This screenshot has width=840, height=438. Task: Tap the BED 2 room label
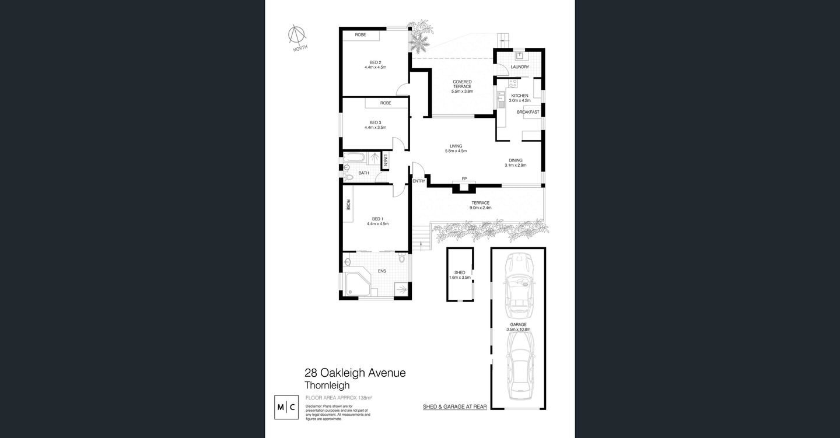pyautogui.click(x=375, y=62)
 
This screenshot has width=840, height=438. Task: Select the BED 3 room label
pyautogui.click(x=375, y=122)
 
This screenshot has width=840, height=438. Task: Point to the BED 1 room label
pyautogui.click(x=376, y=219)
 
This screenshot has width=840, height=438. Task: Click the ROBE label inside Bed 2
pyautogui.click(x=360, y=35)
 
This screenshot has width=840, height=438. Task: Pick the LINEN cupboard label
pyautogui.click(x=385, y=159)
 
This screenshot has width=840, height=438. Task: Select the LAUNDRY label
pyautogui.click(x=519, y=67)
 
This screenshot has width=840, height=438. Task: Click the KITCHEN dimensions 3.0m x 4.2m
pyautogui.click(x=519, y=100)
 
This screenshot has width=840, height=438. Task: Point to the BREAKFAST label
pyautogui.click(x=527, y=111)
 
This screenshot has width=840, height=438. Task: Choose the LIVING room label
pyautogui.click(x=456, y=146)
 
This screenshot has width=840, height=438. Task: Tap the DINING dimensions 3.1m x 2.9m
pyautogui.click(x=515, y=165)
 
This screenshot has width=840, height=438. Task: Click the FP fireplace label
pyautogui.click(x=464, y=178)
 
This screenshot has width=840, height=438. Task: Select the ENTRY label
pyautogui.click(x=419, y=181)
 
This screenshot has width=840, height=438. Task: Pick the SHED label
pyautogui.click(x=459, y=272)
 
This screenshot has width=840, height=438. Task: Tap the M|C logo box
pyautogui.click(x=288, y=407)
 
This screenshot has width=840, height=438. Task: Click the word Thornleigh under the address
pyautogui.click(x=327, y=386)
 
